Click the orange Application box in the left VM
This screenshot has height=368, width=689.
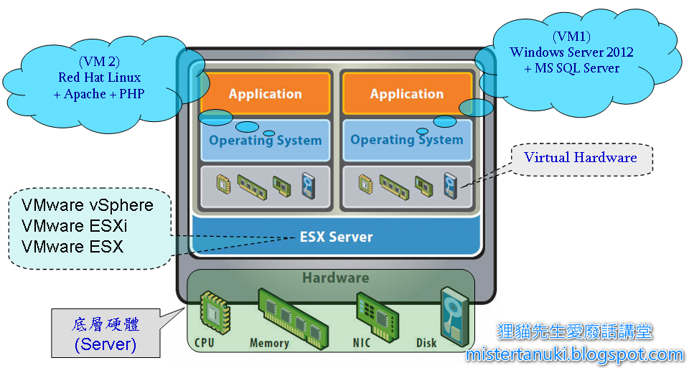coord(265,93)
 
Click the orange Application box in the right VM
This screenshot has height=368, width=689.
coord(406,93)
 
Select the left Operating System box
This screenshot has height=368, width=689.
coord(265,141)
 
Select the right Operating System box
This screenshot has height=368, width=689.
coord(406,140)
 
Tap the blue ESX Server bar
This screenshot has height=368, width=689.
coord(336,237)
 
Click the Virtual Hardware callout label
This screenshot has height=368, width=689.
coord(580,158)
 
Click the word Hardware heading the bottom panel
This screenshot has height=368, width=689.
coord(335,278)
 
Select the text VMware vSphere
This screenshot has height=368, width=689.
coord(88,206)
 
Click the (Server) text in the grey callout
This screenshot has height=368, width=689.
coord(105,344)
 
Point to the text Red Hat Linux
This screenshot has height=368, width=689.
coord(99,77)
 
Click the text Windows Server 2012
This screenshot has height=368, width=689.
coord(571,52)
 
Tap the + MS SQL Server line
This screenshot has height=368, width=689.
coord(571,68)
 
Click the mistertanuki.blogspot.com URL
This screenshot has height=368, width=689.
coord(574,354)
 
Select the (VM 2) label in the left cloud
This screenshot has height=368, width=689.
coord(99,62)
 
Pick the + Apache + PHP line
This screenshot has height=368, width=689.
coord(99,93)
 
